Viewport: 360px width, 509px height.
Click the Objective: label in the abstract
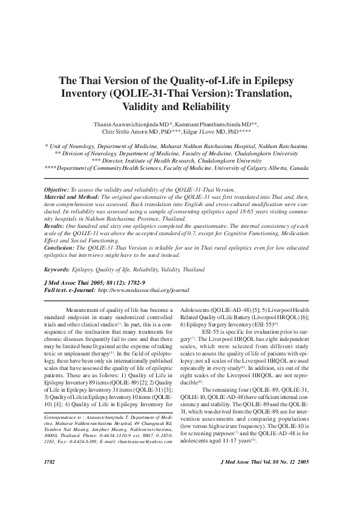tap(57, 189)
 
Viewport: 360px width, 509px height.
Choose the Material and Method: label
tap(72, 197)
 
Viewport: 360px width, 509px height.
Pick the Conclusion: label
tap(60, 247)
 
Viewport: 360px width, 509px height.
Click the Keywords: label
tap(57, 269)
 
